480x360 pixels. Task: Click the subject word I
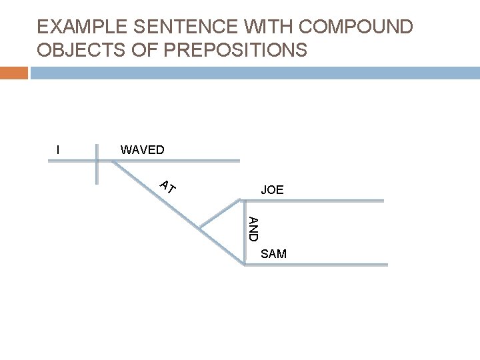(59, 150)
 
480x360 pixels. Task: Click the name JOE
(272, 191)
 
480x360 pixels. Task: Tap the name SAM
(273, 254)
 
